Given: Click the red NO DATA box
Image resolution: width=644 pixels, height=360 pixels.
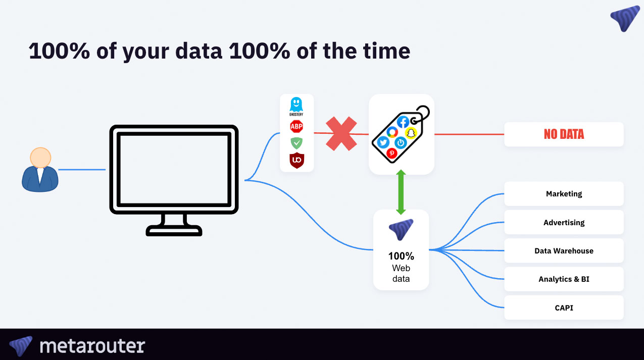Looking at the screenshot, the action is tap(564, 134).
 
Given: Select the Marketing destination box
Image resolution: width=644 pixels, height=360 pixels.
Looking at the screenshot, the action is tap(564, 194).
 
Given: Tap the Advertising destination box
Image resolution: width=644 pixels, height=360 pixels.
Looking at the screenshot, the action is tap(564, 222).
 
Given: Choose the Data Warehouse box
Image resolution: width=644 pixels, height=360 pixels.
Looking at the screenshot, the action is tap(564, 250).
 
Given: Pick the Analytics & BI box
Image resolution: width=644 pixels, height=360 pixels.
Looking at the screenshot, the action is tap(564, 279).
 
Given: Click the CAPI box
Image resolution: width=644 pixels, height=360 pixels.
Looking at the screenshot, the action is tap(564, 307).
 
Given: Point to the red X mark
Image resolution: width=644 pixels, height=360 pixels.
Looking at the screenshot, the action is tap(341, 134).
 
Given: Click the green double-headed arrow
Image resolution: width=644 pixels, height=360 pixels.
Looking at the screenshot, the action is tap(401, 192).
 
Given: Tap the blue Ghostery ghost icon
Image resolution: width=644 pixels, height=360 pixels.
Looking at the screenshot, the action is tap(296, 105).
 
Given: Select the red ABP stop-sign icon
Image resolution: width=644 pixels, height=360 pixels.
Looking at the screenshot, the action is tap(296, 126).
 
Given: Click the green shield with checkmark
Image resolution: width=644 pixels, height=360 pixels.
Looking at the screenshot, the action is tap(296, 143).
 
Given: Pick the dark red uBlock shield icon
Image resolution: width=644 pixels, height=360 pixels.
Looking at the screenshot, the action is tap(296, 161).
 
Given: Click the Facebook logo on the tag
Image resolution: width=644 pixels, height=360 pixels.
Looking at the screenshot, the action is tap(403, 122).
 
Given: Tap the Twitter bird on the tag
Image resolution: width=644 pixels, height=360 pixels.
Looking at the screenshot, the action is tap(383, 142).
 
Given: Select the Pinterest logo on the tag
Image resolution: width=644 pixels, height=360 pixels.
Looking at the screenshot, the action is tap(391, 153).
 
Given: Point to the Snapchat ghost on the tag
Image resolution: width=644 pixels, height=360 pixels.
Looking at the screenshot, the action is tap(411, 133).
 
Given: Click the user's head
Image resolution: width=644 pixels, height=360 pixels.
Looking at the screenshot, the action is tap(40, 158).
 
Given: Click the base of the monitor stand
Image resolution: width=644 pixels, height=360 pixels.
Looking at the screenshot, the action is tap(174, 231).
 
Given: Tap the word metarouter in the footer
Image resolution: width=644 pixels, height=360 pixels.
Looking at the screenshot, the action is tap(92, 346).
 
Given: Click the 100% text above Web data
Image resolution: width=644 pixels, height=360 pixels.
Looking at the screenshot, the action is tap(401, 256).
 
